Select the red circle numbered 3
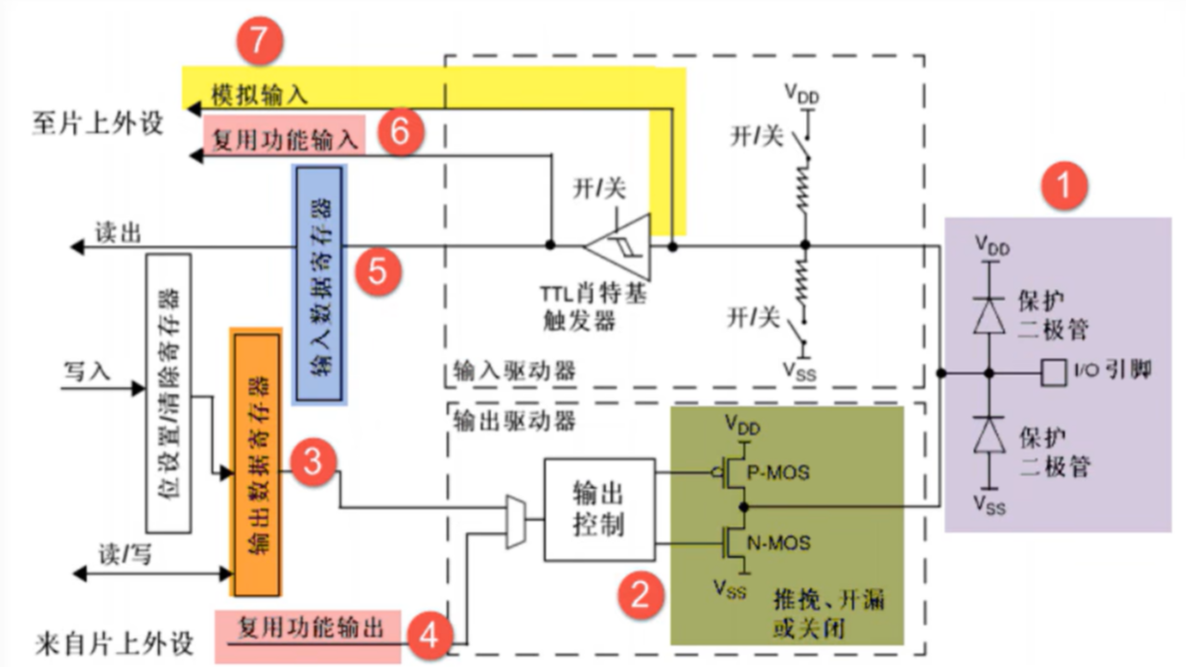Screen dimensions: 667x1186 (313, 462)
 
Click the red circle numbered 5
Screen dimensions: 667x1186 (378, 271)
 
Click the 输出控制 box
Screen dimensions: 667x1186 (599, 508)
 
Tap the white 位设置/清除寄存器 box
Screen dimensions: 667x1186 (168, 393)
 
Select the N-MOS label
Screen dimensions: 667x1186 (779, 543)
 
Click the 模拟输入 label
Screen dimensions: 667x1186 (259, 94)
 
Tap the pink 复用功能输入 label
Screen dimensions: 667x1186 (284, 140)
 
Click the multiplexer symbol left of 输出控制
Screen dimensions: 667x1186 (516, 523)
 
